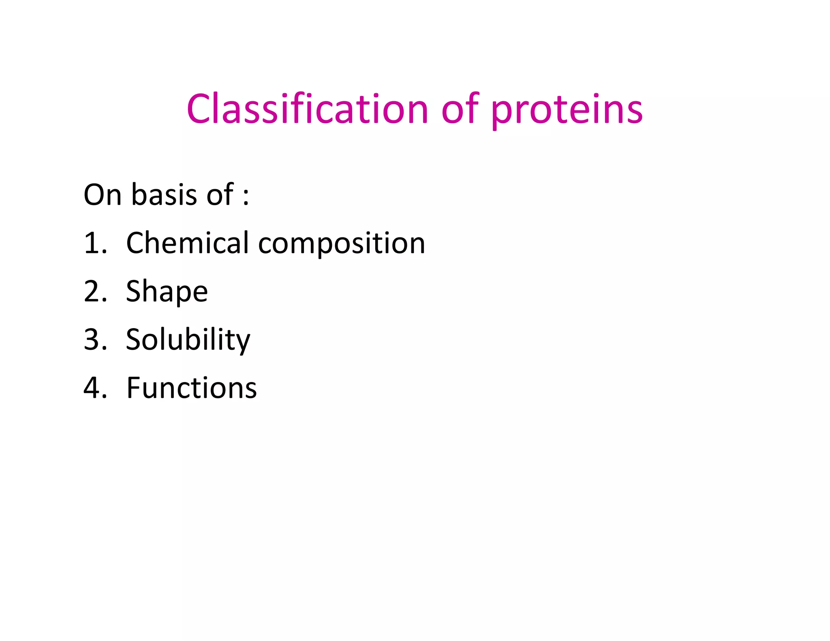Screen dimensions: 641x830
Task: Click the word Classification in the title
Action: pyautogui.click(x=307, y=109)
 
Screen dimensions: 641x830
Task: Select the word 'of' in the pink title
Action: pyautogui.click(x=460, y=109)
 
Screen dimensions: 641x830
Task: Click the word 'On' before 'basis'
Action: pyautogui.click(x=103, y=195)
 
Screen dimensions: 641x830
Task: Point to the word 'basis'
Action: pyautogui.click(x=165, y=195)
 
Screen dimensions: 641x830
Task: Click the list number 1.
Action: pyautogui.click(x=92, y=243)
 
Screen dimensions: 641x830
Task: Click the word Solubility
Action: pyautogui.click(x=188, y=340)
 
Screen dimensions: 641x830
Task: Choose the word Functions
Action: pyautogui.click(x=192, y=388)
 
